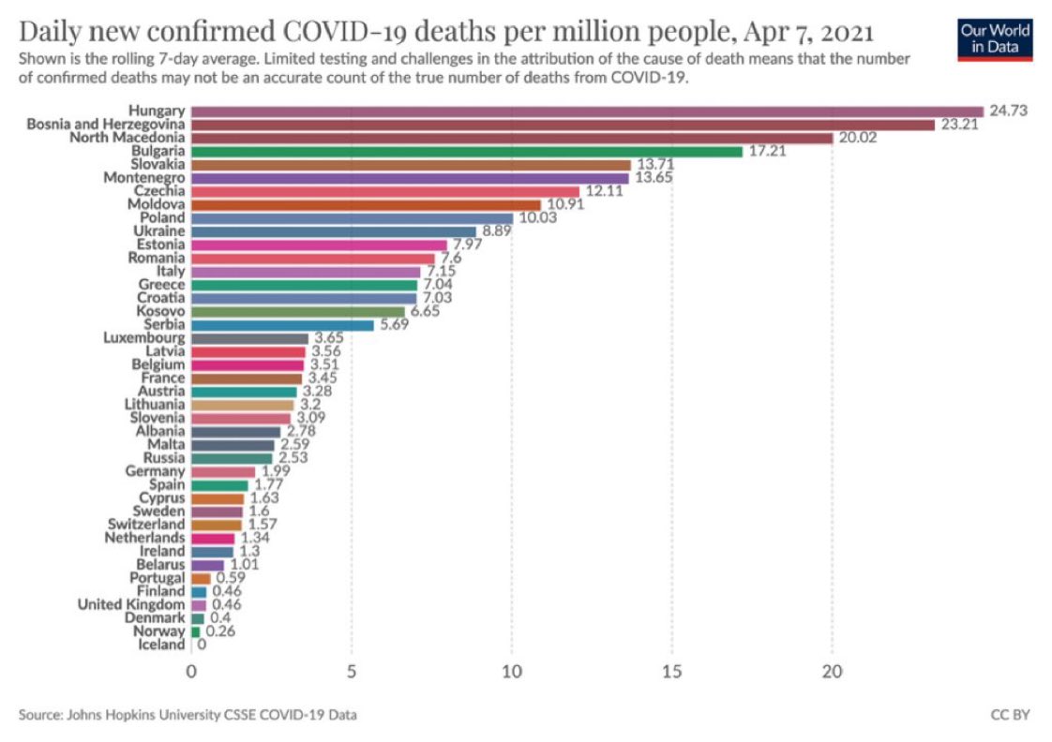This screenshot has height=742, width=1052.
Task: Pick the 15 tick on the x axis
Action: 671,672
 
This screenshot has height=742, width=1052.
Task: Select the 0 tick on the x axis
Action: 191,672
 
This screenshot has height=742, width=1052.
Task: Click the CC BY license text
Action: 1010,715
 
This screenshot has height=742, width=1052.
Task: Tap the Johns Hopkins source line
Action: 188,715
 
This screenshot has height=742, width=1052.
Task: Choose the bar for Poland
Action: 352,218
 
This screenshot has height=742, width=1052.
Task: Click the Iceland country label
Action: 161,645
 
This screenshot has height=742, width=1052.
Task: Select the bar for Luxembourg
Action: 249,338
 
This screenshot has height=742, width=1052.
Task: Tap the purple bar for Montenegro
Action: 410,178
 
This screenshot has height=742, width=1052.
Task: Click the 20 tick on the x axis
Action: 832,672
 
